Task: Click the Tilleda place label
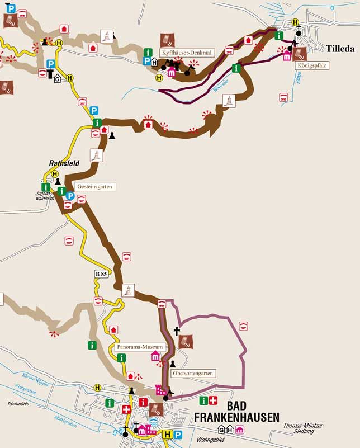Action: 338,49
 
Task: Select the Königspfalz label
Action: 313,65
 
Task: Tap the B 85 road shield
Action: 101,274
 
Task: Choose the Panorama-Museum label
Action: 139,347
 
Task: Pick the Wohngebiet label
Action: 210,440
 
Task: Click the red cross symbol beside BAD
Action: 213,400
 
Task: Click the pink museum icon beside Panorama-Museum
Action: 155,356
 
